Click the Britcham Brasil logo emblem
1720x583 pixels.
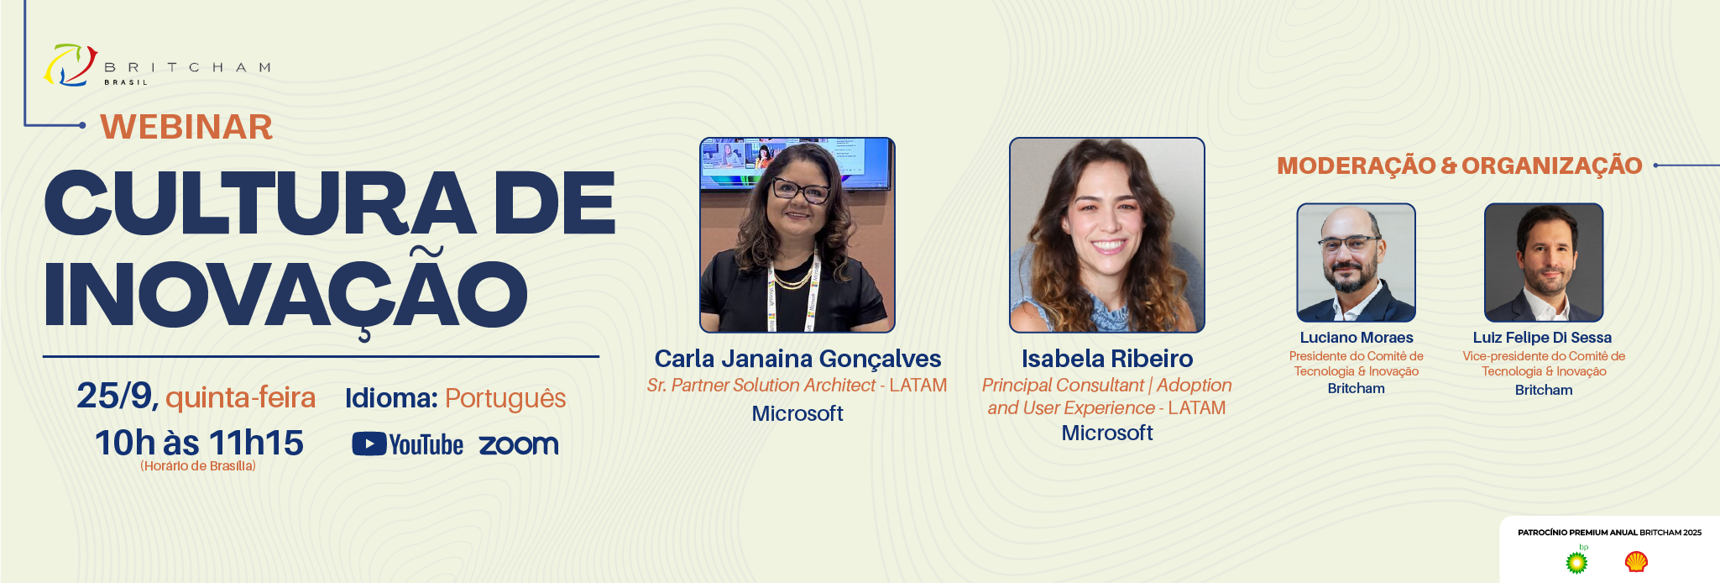71,66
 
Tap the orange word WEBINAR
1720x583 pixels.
186,127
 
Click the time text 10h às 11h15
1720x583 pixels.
199,443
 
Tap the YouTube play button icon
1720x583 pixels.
369,444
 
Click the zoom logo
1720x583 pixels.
519,444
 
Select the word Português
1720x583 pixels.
505,398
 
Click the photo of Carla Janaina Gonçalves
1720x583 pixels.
797,235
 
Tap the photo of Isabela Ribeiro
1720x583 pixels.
1107,235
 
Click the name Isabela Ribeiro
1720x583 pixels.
1107,359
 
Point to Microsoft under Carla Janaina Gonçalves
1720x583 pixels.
797,413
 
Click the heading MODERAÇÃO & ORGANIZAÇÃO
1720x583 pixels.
1460,165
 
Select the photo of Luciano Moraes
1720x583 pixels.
1357,263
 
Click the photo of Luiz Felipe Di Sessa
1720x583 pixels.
1544,263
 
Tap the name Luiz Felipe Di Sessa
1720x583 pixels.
1542,338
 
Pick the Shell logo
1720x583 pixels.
1636,561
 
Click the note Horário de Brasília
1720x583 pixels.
198,466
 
